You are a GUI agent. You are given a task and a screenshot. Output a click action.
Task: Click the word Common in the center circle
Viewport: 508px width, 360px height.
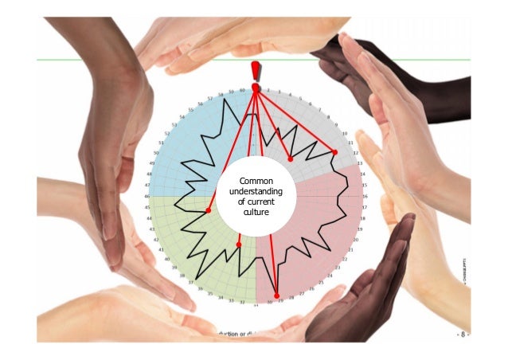tap(256, 181)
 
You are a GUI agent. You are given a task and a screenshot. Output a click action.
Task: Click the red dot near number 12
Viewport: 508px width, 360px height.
tap(335, 152)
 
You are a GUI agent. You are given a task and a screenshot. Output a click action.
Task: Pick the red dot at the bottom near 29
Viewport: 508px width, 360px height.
tap(276, 295)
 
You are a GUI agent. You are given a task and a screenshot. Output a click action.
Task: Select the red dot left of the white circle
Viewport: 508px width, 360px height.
tap(208, 210)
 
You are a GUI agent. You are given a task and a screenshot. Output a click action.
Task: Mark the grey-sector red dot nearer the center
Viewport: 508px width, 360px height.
tap(291, 159)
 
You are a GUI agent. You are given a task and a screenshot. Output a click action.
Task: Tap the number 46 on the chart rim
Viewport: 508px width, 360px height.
tap(147, 196)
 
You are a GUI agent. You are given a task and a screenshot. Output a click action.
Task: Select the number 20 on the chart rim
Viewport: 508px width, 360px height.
tap(356, 238)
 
